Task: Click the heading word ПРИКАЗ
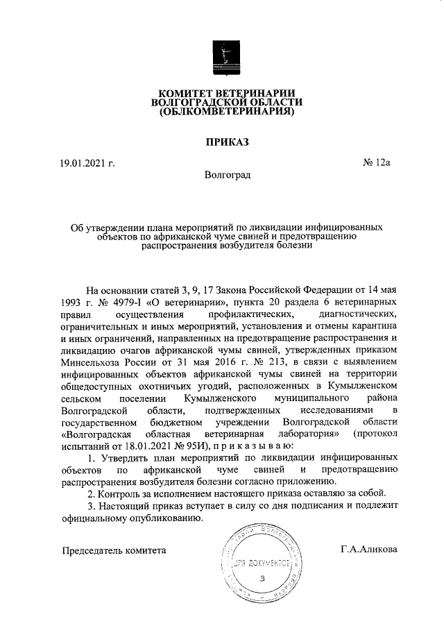click(x=221, y=142)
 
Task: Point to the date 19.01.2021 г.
click(x=87, y=163)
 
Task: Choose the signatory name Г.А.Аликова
click(x=368, y=549)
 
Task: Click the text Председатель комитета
click(x=114, y=550)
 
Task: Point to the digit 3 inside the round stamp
click(x=262, y=578)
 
